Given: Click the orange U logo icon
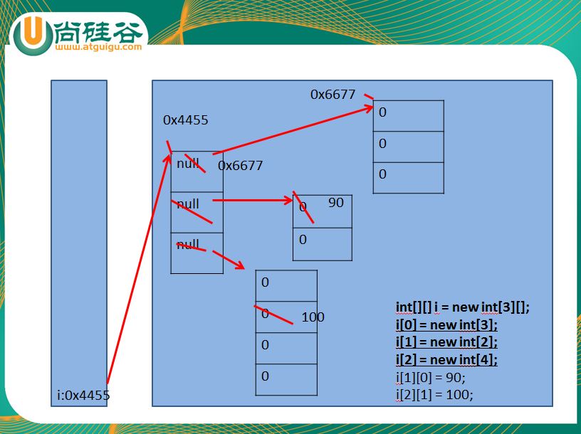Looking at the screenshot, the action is [33, 35].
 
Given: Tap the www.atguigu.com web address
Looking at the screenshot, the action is [98, 47].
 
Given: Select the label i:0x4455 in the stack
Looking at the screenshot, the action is [83, 395].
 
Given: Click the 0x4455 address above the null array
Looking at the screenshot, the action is [186, 120].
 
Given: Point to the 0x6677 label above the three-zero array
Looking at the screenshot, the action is [333, 95].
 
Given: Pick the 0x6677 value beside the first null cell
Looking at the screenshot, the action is [240, 165].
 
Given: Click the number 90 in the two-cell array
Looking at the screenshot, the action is [335, 203].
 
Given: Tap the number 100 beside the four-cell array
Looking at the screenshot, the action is [313, 317].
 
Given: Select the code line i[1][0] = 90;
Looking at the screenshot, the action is [431, 377].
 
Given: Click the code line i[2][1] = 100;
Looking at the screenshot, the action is [434, 395].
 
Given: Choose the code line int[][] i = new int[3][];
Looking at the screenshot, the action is [463, 307].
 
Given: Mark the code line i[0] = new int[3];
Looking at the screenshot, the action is [446, 324].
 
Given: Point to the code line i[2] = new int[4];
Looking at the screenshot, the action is [446, 359].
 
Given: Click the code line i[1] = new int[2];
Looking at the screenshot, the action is [446, 342].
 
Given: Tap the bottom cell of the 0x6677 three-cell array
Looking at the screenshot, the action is [408, 178].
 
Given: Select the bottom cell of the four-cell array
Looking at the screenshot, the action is [286, 379].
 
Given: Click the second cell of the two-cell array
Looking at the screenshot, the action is [323, 244].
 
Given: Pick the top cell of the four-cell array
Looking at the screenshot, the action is [286, 285].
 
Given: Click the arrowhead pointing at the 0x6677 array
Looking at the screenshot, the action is [369, 108].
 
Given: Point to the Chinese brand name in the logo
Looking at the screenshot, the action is [100, 31].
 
